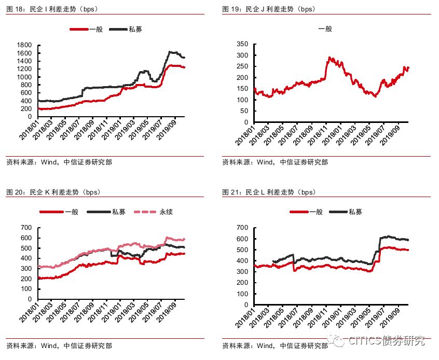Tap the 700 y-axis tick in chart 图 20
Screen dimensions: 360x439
tap(26, 228)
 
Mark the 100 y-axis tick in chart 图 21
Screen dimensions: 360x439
tap(242, 289)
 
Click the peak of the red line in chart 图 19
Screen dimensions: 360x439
tap(330, 58)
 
